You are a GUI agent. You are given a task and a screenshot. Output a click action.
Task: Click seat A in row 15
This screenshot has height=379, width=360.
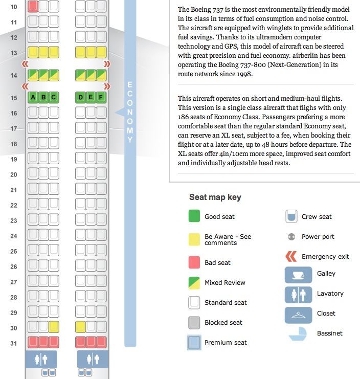(x=33, y=97)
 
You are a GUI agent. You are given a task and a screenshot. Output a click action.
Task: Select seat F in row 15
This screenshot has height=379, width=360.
(x=101, y=97)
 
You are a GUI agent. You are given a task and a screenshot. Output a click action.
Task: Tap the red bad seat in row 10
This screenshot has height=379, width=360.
(x=33, y=6)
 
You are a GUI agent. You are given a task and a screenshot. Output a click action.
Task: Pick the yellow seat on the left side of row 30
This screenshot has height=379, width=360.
(x=53, y=327)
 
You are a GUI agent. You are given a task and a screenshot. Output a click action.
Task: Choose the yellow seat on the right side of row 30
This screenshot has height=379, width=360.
(x=80, y=327)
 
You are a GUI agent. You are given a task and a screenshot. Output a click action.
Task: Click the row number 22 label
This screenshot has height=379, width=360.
(x=14, y=205)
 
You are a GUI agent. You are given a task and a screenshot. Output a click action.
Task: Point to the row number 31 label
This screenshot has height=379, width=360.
(x=14, y=343)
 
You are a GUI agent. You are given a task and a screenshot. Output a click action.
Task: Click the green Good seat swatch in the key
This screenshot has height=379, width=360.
(x=195, y=216)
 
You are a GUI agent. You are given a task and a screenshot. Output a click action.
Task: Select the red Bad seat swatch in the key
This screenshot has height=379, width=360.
(x=195, y=262)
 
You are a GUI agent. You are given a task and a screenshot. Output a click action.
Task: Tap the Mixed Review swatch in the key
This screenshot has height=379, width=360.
(x=195, y=282)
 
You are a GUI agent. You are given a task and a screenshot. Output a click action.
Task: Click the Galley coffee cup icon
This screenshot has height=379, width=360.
(x=298, y=275)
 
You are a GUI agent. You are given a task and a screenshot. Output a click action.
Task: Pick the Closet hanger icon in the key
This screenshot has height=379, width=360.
(x=298, y=315)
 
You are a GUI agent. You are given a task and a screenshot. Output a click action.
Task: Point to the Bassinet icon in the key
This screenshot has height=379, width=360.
(x=298, y=335)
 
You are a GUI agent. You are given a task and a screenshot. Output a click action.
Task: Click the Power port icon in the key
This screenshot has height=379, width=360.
(x=291, y=237)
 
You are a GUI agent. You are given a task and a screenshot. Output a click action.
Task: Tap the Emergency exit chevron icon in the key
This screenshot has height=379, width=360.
(x=291, y=256)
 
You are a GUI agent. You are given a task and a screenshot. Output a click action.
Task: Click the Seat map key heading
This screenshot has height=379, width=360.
(x=215, y=197)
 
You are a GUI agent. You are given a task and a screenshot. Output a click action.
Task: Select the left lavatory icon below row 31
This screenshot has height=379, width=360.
(x=41, y=359)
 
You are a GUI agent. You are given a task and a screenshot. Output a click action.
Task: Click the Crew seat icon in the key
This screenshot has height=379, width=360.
(x=291, y=216)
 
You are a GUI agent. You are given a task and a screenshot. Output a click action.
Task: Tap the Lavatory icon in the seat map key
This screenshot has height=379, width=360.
(x=298, y=295)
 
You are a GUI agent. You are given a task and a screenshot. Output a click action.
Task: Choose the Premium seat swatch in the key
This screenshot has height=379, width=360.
(x=195, y=343)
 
